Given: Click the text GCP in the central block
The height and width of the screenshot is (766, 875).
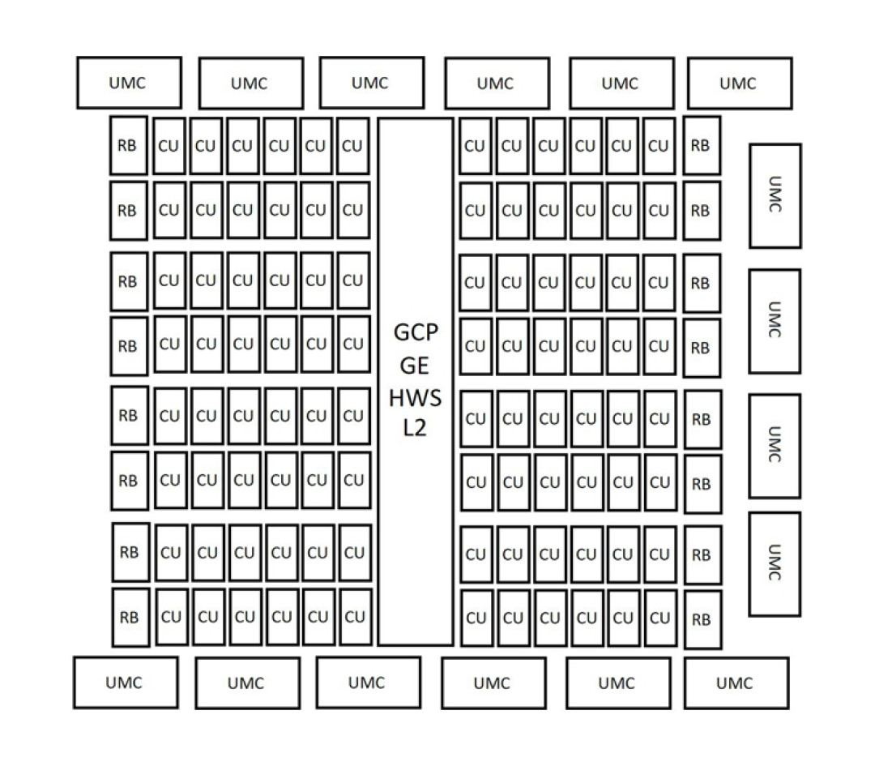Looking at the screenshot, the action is (x=416, y=333).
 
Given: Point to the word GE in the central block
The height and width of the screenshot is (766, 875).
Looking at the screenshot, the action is (x=415, y=366).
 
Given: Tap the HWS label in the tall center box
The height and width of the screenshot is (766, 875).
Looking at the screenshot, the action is (x=415, y=398).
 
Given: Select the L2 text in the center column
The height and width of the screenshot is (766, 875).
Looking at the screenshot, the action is (x=415, y=428).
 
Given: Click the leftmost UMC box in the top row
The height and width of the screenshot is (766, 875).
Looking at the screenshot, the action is (x=129, y=83).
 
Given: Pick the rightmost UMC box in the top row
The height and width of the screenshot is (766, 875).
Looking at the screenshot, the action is (x=740, y=83).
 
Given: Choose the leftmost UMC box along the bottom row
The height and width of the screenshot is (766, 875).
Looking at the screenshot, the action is (x=126, y=683).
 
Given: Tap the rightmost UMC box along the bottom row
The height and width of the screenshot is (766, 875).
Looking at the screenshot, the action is (x=736, y=683).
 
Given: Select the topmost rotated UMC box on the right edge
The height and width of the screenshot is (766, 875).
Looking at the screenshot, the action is (x=775, y=195).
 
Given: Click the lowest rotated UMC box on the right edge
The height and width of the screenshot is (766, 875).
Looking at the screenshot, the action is (x=775, y=564).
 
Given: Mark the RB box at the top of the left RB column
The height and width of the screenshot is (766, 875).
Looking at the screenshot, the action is (x=129, y=146).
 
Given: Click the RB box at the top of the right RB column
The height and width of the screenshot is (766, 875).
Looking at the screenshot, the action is (x=702, y=146).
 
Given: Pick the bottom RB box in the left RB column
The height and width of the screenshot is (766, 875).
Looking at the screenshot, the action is (x=131, y=618).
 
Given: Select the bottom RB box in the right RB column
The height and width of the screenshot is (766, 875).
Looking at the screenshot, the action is (x=703, y=620).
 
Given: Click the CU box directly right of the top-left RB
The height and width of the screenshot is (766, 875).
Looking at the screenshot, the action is (x=169, y=146).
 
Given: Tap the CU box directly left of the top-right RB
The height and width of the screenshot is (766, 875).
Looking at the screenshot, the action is (x=659, y=146).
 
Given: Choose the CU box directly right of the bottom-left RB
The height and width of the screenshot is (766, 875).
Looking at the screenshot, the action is (x=171, y=617).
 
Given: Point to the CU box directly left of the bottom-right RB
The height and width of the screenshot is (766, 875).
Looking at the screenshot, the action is (x=661, y=618).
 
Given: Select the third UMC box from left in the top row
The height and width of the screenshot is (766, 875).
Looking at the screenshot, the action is (x=372, y=83).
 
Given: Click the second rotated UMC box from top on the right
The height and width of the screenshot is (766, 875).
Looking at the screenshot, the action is (x=775, y=321).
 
